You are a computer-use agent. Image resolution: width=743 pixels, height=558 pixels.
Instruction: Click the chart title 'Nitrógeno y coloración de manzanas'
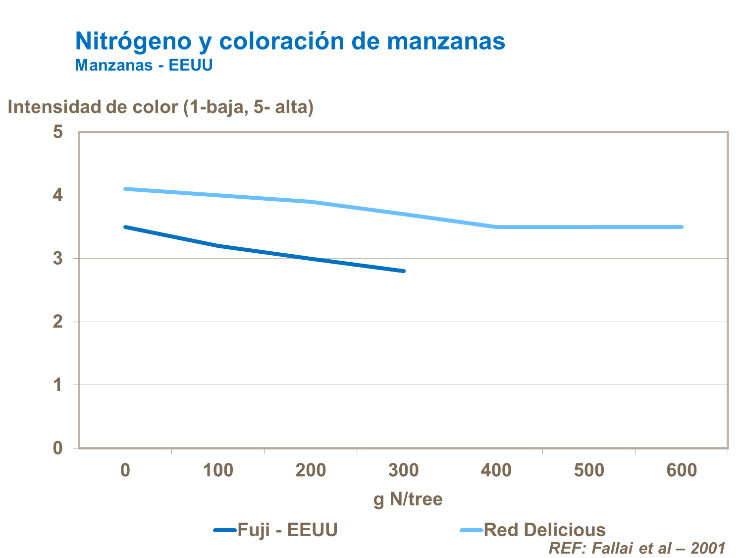point(290,41)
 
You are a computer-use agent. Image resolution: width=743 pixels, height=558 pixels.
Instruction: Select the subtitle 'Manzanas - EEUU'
point(144,65)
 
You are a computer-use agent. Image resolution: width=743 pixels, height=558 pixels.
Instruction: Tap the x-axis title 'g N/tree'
point(408,499)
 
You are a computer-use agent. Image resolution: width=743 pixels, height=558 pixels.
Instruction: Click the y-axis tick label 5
point(58,132)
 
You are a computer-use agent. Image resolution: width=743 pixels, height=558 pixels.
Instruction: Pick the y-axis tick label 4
point(58,195)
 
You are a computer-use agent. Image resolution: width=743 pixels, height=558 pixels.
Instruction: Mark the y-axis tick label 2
point(58,322)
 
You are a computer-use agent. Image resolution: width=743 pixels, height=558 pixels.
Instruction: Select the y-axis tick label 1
point(58,385)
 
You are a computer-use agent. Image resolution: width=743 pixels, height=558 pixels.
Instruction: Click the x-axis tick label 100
point(218,470)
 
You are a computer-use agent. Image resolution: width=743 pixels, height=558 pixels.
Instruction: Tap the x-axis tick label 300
point(403,470)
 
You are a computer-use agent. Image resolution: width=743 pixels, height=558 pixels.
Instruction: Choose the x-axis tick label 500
point(589,470)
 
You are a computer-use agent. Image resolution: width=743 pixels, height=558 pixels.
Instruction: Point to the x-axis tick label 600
point(682,470)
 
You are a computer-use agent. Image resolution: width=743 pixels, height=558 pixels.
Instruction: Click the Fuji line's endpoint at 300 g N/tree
point(404,271)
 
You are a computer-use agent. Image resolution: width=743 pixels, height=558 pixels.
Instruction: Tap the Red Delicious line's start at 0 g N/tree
point(125,189)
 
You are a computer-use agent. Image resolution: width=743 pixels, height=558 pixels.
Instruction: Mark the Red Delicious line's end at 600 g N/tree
point(682,227)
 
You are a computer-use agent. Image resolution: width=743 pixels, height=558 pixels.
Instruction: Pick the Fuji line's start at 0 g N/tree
point(125,227)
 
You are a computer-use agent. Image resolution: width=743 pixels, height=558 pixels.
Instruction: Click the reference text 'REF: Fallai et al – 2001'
point(637,548)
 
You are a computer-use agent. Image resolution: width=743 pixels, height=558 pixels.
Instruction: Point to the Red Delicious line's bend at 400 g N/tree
point(496,227)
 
